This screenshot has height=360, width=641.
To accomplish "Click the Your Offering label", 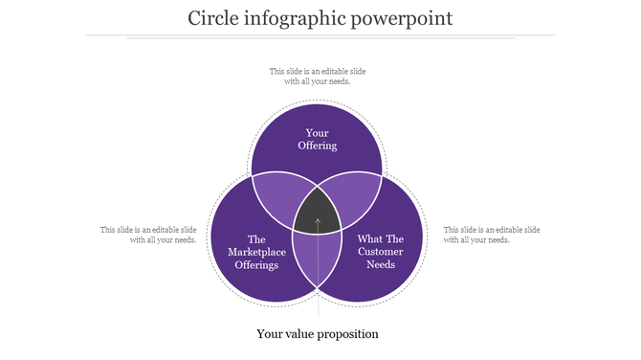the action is tap(318, 139).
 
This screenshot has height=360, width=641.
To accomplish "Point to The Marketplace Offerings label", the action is tap(254, 252).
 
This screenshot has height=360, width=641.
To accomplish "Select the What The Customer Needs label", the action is tap(381, 252).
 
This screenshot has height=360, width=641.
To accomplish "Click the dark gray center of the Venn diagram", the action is tap(318, 213).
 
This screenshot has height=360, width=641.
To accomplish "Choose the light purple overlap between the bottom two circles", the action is tap(317, 259).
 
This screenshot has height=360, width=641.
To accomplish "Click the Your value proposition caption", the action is tap(318, 334).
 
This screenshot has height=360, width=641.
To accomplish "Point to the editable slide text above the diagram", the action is tap(318, 76).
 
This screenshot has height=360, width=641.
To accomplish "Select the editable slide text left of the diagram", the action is tap(148, 235).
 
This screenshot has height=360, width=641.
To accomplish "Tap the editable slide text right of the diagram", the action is tap(491, 235).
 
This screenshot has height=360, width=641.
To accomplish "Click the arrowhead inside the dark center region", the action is tap(318, 222).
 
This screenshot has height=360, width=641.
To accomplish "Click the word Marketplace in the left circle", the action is tap(254, 252).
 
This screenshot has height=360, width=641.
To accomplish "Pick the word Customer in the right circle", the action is tap(381, 252).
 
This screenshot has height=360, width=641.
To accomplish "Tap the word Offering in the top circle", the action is tap(318, 146).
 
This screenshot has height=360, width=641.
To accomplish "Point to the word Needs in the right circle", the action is tap(381, 265).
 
